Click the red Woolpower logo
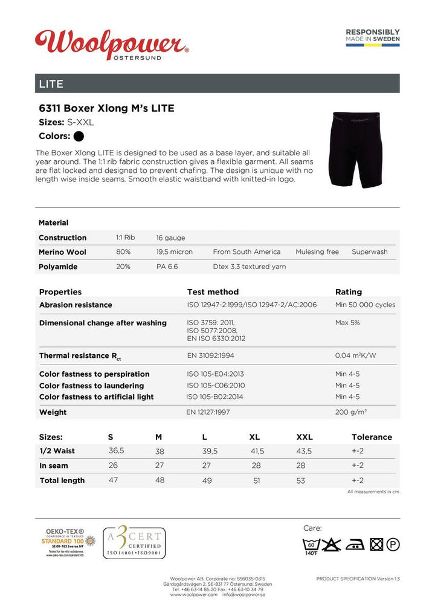click(112, 44)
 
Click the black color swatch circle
click(79, 136)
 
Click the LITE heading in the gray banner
click(51, 83)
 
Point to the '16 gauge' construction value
click(170, 238)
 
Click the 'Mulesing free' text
click(317, 252)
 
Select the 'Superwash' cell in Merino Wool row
click(370, 252)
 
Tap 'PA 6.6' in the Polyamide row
click(167, 267)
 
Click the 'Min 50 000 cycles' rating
click(365, 305)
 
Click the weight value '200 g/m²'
click(351, 412)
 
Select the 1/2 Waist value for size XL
click(257, 451)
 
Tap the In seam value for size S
click(113, 465)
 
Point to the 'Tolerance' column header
click(372, 437)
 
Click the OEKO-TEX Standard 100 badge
click(68, 542)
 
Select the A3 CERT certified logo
click(134, 542)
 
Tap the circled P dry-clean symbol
click(393, 545)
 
